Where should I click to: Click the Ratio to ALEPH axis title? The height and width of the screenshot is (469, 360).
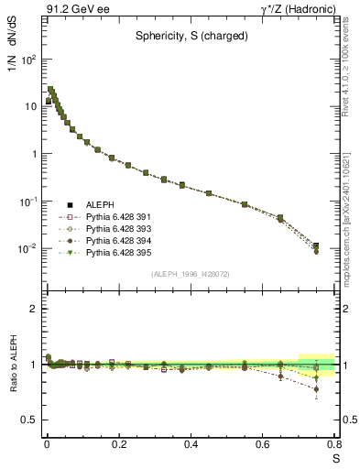(13, 391)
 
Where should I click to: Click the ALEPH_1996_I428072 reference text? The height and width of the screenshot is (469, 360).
(191, 274)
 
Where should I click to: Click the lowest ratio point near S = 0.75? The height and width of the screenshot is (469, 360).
(316, 389)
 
